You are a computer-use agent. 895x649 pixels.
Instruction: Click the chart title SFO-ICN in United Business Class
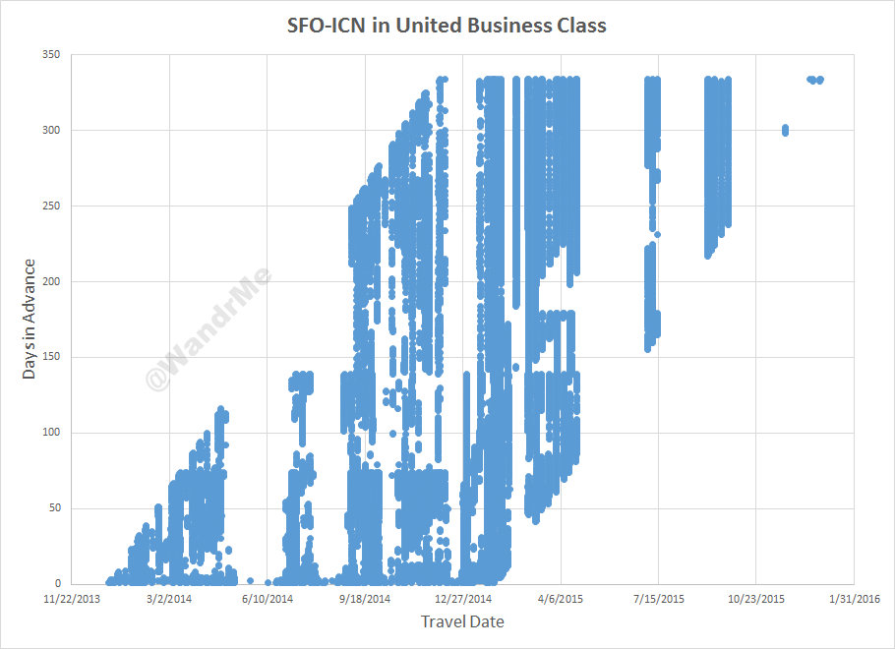(x=447, y=26)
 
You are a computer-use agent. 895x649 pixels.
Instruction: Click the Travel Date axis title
(x=462, y=621)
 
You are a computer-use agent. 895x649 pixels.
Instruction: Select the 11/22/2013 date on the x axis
(x=72, y=598)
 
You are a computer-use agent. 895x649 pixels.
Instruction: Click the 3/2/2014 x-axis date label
(x=169, y=598)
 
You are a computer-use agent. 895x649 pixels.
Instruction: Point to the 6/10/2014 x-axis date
(x=268, y=598)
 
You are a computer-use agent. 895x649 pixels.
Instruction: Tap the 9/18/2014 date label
(x=365, y=598)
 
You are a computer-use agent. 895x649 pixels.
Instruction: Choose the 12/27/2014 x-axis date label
(x=462, y=598)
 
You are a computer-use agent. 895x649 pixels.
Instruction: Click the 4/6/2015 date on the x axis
(x=561, y=598)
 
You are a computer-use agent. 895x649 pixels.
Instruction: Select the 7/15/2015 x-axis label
(x=658, y=598)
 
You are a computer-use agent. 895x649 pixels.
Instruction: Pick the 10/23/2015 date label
(x=755, y=598)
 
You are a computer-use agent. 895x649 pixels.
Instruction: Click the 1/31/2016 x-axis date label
(x=853, y=598)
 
